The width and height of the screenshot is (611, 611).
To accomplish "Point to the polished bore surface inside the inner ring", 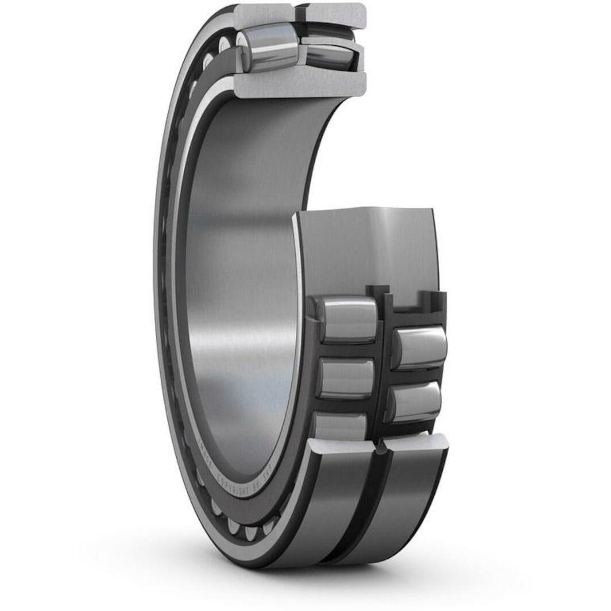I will click(x=241, y=287).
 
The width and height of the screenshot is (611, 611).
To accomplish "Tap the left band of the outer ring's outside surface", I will click(x=339, y=505).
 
